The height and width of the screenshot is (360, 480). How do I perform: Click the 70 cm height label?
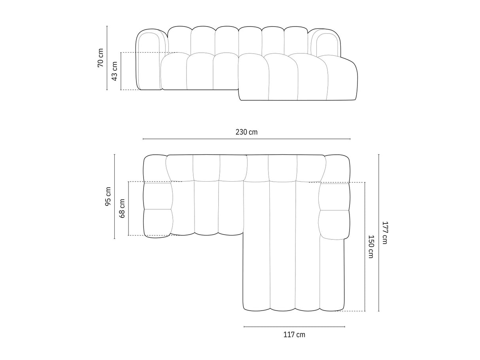pos(100,58)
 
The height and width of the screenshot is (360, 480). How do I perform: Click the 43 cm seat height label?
pos(114,71)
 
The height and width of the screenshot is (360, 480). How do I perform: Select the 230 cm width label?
pos(246,132)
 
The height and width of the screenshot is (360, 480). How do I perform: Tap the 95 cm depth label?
pos(108,197)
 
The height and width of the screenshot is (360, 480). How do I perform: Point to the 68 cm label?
pos(122,208)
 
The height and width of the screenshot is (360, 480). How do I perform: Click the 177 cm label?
pos(385,233)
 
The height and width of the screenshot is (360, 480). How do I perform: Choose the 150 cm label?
pos(370,246)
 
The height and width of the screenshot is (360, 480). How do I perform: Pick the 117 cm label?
pos(294,335)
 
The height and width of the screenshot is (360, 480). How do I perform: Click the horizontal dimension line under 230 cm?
pos(246,139)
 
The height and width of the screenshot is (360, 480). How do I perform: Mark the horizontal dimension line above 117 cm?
pos(294,326)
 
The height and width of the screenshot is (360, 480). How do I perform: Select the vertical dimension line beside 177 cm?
pos(378,233)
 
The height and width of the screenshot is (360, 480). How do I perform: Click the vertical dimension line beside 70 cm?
pos(107,58)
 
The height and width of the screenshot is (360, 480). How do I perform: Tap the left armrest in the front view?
pos(149,59)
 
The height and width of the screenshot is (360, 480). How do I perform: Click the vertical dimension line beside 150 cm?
pos(365,246)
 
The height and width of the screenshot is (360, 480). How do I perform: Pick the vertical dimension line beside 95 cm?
pos(115,197)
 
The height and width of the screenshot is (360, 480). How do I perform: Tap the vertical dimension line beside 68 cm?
pos(129,208)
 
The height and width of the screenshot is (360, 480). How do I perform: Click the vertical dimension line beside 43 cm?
pos(121,71)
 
